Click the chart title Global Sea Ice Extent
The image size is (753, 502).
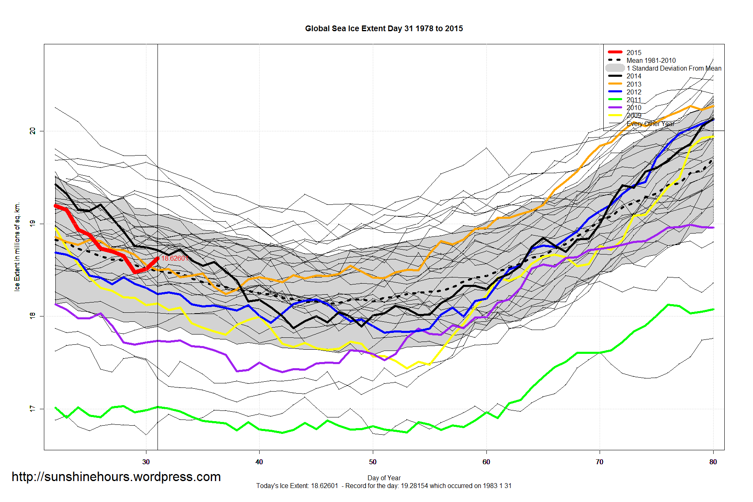click(x=383, y=28)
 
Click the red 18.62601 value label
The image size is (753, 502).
click(x=175, y=258)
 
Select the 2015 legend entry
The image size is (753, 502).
click(x=634, y=53)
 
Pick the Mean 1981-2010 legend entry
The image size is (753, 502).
click(x=651, y=60)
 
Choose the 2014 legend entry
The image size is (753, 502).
click(x=634, y=76)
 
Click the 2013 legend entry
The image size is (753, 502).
click(x=634, y=84)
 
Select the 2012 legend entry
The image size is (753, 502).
click(x=634, y=92)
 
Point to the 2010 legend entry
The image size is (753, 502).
click(x=634, y=108)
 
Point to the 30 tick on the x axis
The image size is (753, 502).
click(x=146, y=462)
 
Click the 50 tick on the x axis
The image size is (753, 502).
click(x=373, y=462)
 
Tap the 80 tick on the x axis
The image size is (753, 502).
click(x=713, y=462)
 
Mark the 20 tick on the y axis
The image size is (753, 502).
click(x=32, y=131)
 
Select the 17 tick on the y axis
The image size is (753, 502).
click(x=32, y=409)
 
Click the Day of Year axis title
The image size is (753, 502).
click(x=384, y=478)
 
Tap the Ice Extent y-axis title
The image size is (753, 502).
click(x=17, y=247)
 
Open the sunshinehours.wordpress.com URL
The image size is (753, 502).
click(x=116, y=477)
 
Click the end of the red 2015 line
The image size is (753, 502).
click(x=157, y=258)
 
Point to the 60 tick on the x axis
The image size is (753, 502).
click(x=486, y=462)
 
